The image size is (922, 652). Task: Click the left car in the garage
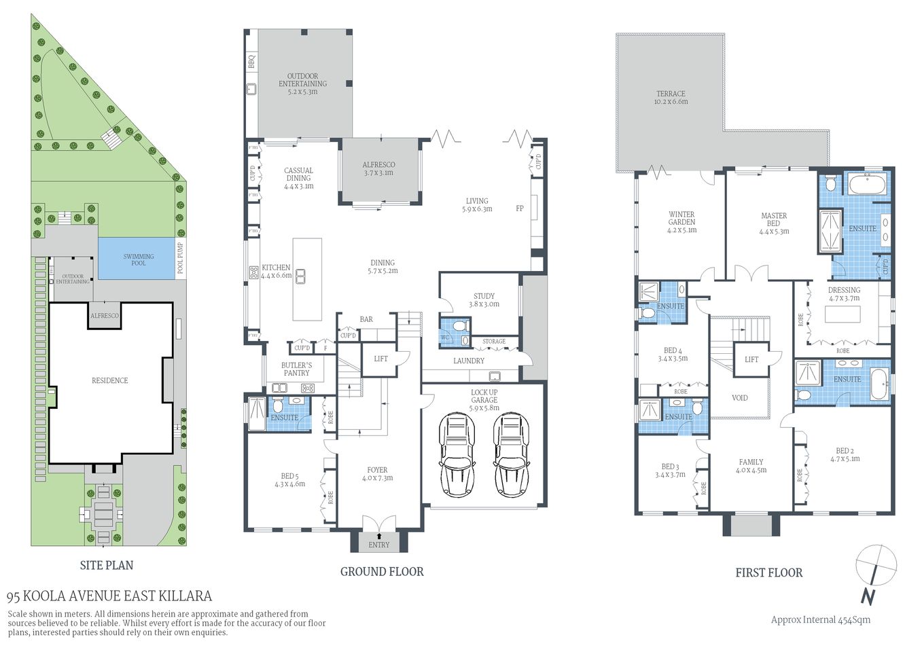tap(458, 455)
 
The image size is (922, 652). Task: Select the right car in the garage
tap(510, 455)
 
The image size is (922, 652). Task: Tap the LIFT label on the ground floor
tap(381, 358)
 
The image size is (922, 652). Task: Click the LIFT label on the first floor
tap(751, 359)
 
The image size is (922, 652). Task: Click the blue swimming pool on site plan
tap(138, 259)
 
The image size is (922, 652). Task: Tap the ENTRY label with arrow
tap(379, 544)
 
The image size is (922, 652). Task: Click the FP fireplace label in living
tap(520, 209)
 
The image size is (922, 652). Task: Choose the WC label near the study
tap(445, 337)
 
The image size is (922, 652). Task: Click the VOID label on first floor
tap(739, 398)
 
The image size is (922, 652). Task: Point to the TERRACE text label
tap(671, 97)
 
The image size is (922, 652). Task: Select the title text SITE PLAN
tap(107, 565)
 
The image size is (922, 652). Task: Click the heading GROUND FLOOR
tap(382, 572)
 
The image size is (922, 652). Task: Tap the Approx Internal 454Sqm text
tap(820, 619)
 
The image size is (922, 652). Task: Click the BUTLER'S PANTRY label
tap(296, 369)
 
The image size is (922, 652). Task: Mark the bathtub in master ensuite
tap(868, 185)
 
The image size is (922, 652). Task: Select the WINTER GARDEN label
tap(681, 221)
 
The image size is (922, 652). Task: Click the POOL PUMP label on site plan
tap(180, 258)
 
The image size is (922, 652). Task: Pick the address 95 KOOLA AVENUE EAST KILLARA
tap(109, 596)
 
